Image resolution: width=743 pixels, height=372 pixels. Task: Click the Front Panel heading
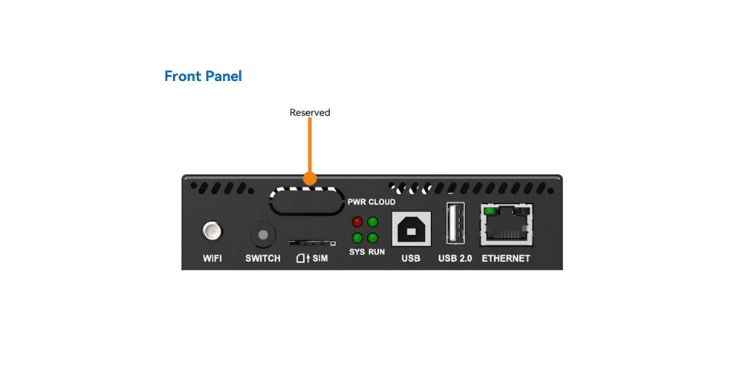coord(203,76)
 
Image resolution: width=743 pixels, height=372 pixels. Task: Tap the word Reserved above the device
coord(310,113)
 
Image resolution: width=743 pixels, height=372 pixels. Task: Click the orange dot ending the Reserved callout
coord(310,179)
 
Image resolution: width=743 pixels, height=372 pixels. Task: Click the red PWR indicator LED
coord(357,222)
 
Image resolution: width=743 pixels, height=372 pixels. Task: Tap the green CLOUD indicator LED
coord(372,222)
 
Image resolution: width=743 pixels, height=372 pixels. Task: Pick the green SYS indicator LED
coord(357,238)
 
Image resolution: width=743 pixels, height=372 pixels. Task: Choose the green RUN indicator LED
coord(372,238)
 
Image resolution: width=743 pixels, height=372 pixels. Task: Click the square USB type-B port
coord(411,230)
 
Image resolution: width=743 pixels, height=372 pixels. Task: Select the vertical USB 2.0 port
coord(455,223)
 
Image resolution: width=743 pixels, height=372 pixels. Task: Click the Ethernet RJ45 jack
coord(506,226)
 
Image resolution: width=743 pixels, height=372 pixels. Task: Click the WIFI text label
coord(212,259)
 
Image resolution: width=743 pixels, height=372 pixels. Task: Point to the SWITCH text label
coord(263,259)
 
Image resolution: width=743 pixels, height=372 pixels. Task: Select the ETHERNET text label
coord(506,259)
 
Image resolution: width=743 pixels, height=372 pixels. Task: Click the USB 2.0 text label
coord(455,259)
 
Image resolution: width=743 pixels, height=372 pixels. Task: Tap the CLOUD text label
coord(383,202)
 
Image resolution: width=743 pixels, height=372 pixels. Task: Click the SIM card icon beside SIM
coord(301,258)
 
